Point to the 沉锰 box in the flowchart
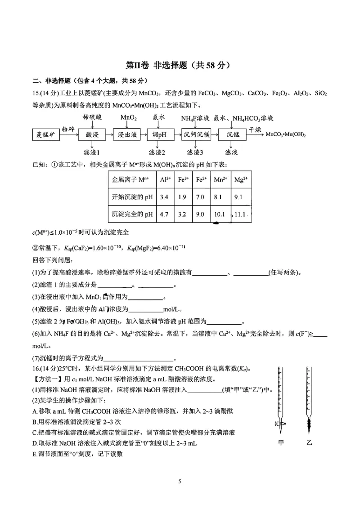(233, 134)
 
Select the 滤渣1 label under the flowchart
(92, 152)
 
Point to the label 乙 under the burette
(309, 442)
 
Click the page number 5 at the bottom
(180, 481)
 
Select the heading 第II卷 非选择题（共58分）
(179, 66)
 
